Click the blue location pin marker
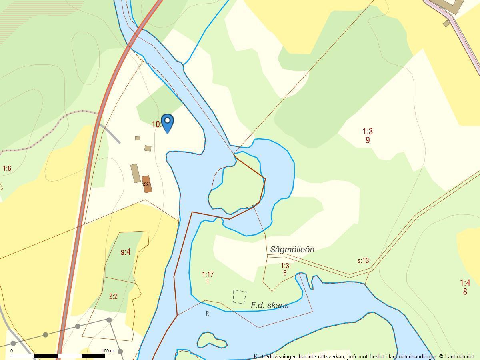167,122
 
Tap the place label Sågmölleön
292,250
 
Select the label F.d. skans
270,305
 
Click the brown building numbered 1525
147,184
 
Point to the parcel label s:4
126,252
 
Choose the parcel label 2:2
113,296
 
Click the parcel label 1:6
7,169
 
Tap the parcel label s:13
363,261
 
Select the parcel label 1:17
208,275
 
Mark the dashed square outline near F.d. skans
240,297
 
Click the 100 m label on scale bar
108,351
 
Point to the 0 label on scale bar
12,351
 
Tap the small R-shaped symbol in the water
208,313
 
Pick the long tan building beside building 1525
136,173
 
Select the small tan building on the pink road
446,24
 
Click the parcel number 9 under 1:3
367,140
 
